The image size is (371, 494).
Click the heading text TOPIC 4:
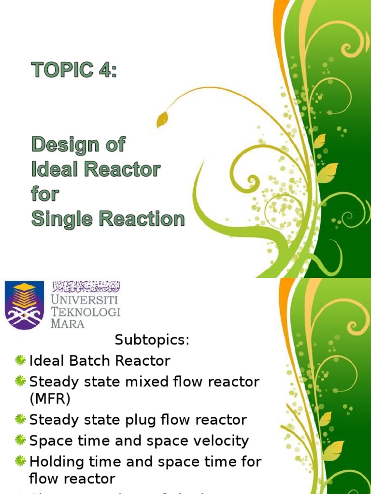(x=74, y=70)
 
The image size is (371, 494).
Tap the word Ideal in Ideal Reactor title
(x=53, y=169)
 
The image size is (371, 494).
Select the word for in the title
(x=45, y=194)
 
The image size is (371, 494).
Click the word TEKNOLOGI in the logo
(x=86, y=312)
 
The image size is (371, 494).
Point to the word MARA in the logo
(x=68, y=323)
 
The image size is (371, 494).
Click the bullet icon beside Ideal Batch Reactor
(x=20, y=360)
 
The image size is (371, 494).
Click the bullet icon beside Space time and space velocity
(x=20, y=440)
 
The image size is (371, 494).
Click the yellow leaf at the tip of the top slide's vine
(x=163, y=118)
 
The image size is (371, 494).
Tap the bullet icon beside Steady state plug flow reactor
(x=20, y=419)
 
